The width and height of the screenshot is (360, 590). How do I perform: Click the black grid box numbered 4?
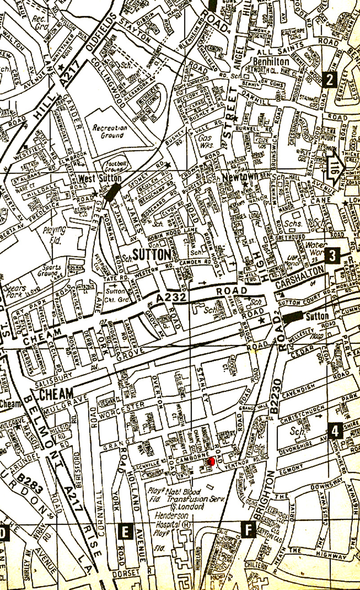click(x=334, y=431)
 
